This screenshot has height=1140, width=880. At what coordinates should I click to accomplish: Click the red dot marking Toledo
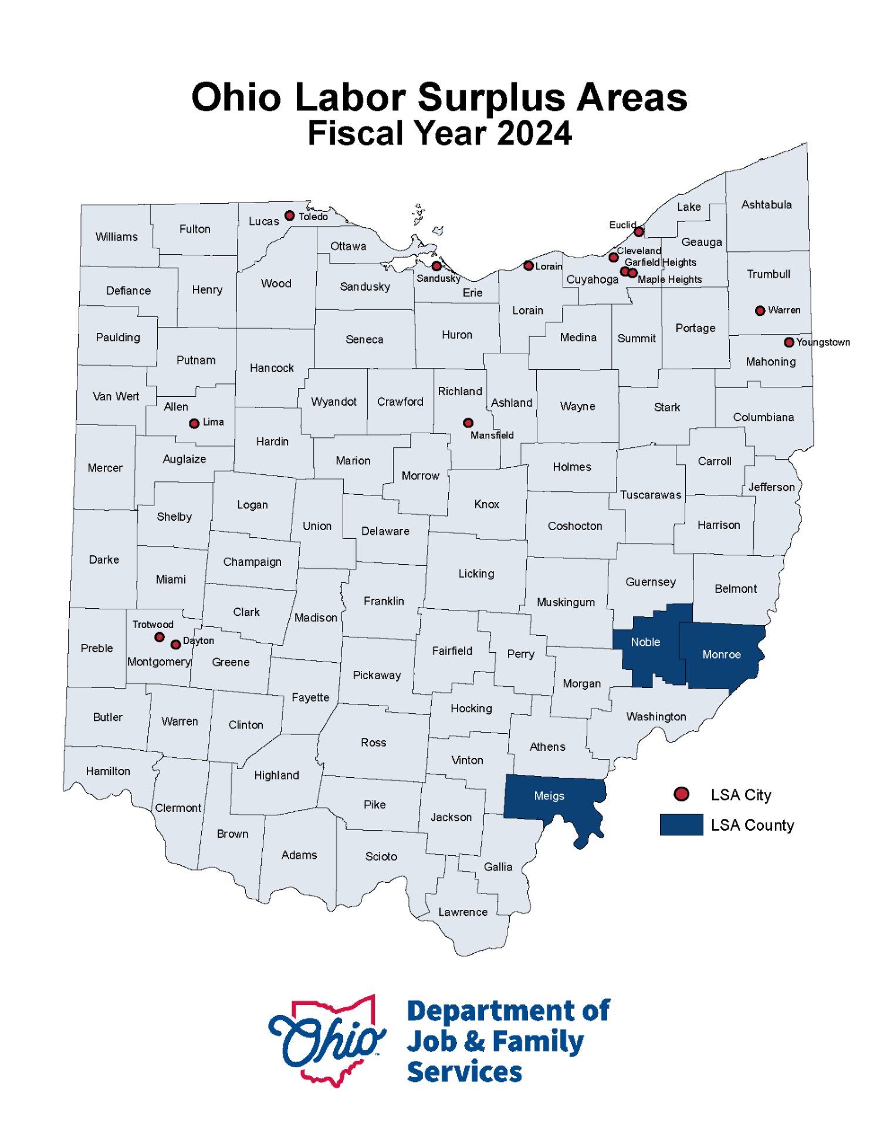289,216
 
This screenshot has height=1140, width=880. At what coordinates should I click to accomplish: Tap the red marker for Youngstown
789,342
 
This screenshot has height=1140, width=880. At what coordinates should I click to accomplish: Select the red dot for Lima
194,423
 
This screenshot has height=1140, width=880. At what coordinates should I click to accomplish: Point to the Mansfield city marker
468,423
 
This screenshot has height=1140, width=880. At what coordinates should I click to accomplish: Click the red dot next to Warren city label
760,311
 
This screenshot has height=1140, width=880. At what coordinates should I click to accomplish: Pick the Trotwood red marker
159,638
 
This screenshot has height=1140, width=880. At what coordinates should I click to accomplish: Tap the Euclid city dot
639,232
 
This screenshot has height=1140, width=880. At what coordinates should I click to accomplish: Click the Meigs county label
549,796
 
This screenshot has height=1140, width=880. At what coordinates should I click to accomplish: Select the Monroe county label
722,655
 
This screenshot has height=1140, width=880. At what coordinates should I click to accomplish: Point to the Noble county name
645,642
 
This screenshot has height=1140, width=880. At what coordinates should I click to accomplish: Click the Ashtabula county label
766,205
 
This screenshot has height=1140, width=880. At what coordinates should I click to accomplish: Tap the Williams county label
117,237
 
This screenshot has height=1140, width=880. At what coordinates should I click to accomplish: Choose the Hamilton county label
108,771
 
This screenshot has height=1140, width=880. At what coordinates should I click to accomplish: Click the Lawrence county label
463,912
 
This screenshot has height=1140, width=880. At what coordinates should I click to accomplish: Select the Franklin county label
384,601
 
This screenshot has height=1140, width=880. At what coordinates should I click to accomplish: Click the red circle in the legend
681,794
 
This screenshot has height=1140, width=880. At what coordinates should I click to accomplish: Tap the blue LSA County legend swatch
681,825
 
